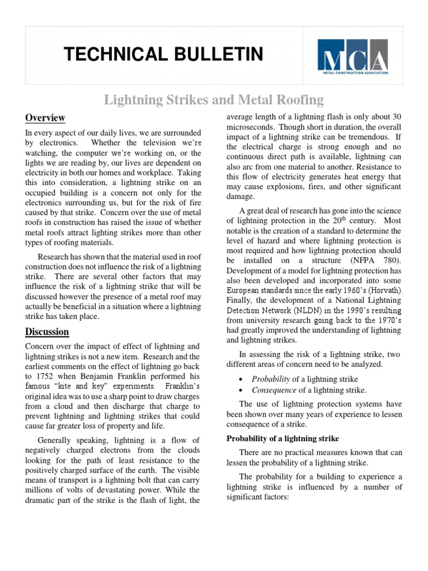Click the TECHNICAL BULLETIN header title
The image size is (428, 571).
click(x=163, y=54)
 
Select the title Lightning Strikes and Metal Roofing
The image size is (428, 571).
click(x=214, y=100)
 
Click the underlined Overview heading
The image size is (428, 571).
click(x=45, y=118)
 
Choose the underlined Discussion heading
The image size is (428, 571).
click(x=47, y=332)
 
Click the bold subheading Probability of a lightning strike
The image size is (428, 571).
click(x=283, y=439)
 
